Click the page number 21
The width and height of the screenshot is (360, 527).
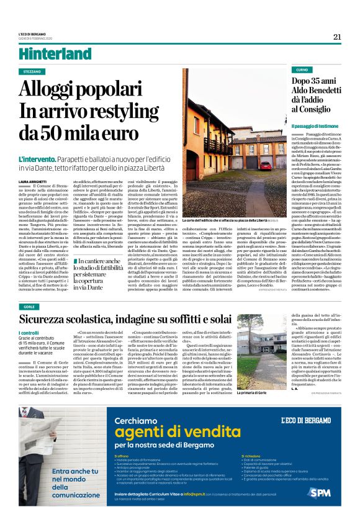336,37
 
